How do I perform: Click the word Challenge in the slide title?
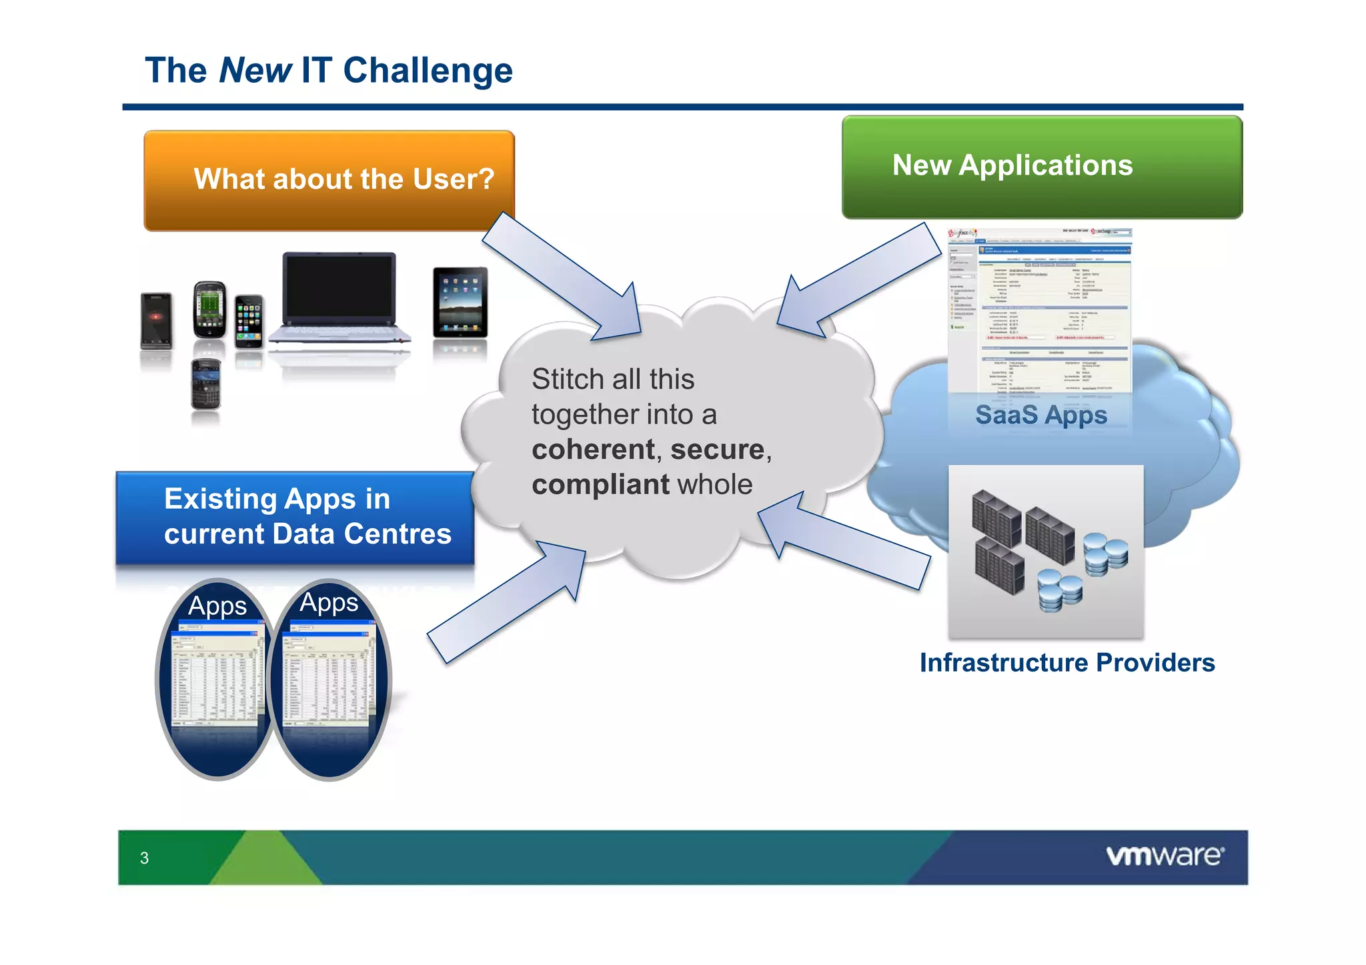(428, 71)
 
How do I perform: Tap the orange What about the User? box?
(329, 180)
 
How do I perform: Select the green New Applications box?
(1041, 167)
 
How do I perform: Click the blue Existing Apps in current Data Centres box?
(295, 518)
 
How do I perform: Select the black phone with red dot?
(156, 319)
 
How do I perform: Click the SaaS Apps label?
(1041, 415)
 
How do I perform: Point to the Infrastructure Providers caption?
(1067, 663)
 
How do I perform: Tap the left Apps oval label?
(217, 606)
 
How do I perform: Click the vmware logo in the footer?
(1165, 856)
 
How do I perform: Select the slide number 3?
(144, 858)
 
